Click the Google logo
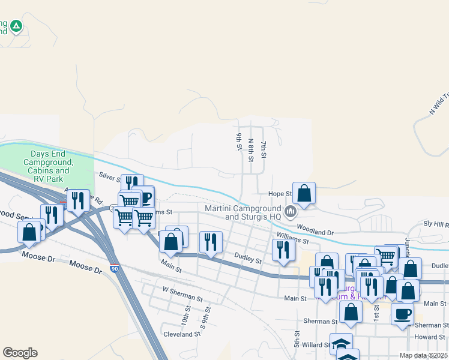(20, 353)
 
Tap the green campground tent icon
(16, 26)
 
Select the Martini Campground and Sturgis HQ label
(243, 212)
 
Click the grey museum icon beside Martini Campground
(291, 211)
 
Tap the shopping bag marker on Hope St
(304, 193)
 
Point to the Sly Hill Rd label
(436, 224)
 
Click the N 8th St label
(251, 150)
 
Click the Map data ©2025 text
(423, 355)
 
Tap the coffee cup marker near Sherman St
(402, 313)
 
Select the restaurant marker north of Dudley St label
(210, 242)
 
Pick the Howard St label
(429, 337)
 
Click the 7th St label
(263, 151)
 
